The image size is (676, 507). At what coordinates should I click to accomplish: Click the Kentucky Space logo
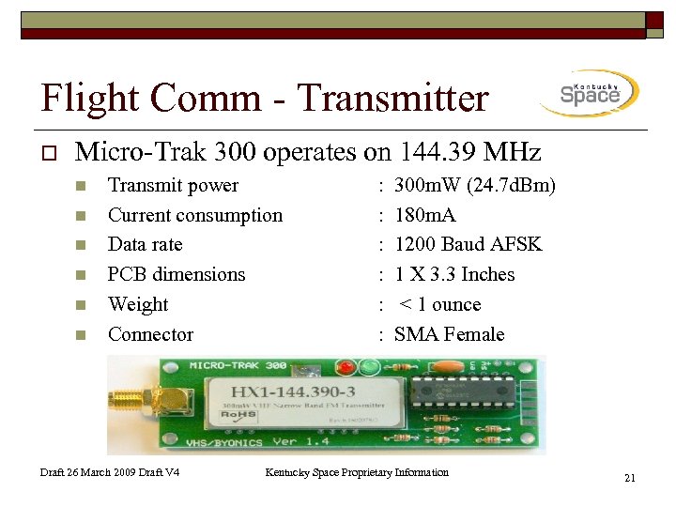point(590,93)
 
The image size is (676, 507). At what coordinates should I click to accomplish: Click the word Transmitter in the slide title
point(392,98)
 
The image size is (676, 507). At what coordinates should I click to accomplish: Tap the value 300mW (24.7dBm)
point(475,185)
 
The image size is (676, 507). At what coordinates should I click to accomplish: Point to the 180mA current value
point(425,215)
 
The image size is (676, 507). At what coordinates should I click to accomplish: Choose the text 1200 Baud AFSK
point(469,244)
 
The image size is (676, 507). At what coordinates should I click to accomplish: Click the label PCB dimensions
point(177,274)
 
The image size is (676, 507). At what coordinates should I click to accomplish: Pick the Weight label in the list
point(138,304)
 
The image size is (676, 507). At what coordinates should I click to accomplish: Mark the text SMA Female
point(450,334)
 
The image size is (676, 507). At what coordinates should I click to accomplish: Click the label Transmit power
point(173,185)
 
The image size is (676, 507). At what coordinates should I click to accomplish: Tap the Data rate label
point(145,244)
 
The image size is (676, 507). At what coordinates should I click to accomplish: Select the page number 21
point(630,479)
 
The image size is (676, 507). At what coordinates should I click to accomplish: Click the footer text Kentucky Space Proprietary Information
point(357,472)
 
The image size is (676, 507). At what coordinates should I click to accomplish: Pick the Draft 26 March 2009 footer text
point(110,472)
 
